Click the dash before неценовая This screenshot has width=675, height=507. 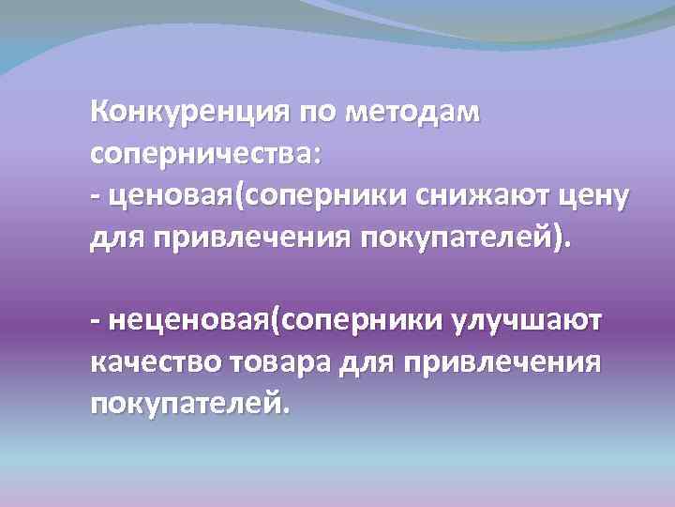(95, 322)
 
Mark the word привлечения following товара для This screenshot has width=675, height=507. (508, 363)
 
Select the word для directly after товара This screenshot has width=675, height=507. (387, 363)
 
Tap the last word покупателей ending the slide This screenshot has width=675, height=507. (185, 404)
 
